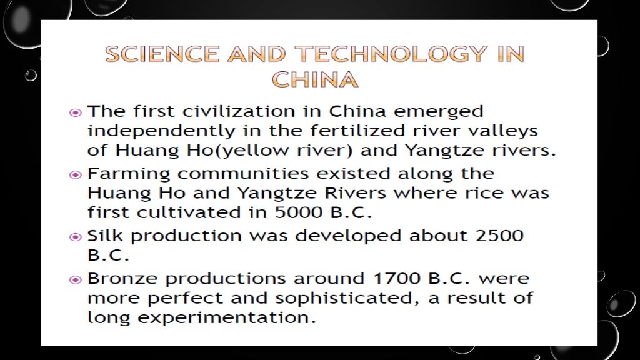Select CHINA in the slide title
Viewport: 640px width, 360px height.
pos(315,80)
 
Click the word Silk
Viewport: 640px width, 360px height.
pos(104,236)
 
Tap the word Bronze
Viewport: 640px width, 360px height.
pos(122,279)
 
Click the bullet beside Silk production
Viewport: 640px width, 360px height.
pos(75,237)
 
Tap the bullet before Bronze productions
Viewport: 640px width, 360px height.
pos(75,279)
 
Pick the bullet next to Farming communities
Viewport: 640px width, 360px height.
pos(75,174)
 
